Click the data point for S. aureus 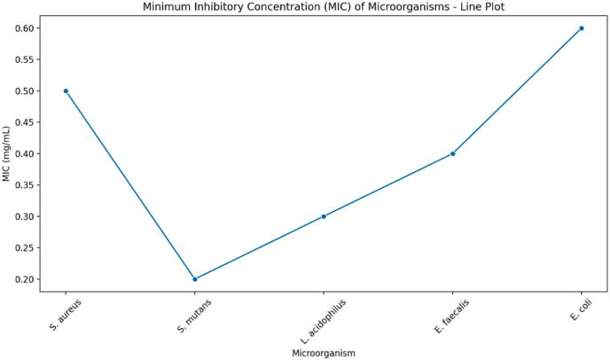(66, 90)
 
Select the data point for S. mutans (195, 278)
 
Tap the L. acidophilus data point (324, 216)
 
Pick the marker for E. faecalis (452, 153)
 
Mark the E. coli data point (582, 28)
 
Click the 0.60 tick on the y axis (27, 28)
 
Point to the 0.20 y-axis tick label (27, 279)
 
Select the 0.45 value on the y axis (27, 122)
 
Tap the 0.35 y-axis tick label (27, 185)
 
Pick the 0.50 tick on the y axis (27, 91)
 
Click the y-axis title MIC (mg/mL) (7, 153)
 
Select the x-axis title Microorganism (324, 352)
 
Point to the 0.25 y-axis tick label (27, 248)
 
